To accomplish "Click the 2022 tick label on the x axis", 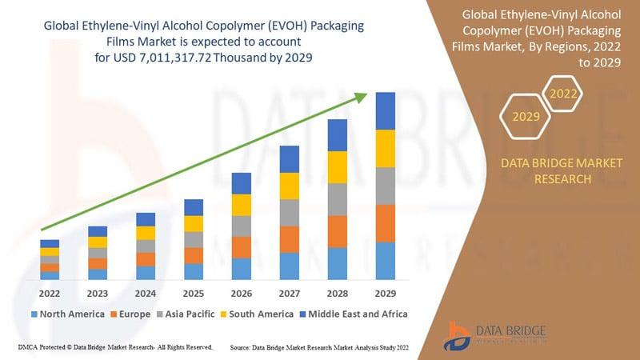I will pyautogui.click(x=50, y=293).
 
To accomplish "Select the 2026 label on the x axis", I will pyautogui.click(x=241, y=293).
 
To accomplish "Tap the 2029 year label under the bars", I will pyautogui.click(x=385, y=293).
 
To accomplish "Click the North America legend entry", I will pyautogui.click(x=67, y=314).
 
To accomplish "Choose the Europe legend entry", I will pyautogui.click(x=130, y=314).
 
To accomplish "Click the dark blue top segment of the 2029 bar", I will pyautogui.click(x=386, y=110).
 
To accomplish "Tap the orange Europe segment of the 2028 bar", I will pyautogui.click(x=338, y=231).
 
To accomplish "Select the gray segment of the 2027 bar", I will pyautogui.click(x=290, y=212).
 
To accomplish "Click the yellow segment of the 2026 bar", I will pyautogui.click(x=242, y=205).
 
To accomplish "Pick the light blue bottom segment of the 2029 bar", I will pyautogui.click(x=386, y=261).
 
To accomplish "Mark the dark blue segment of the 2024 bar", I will pyautogui.click(x=146, y=219).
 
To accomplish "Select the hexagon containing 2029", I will pyautogui.click(x=526, y=117).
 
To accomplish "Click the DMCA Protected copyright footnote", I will pyautogui.click(x=114, y=348).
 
